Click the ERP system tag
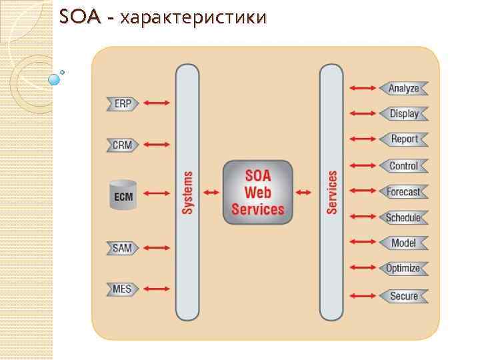coord(122,104)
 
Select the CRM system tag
coord(122,145)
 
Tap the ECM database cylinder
coord(123,194)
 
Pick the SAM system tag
coord(122,248)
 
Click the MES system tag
coord(122,289)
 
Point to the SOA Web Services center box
coord(257,192)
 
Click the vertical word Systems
coord(187,193)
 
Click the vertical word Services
coord(332,193)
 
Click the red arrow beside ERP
coord(157,103)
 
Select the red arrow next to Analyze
coord(363,88)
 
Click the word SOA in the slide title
coord(78,17)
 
